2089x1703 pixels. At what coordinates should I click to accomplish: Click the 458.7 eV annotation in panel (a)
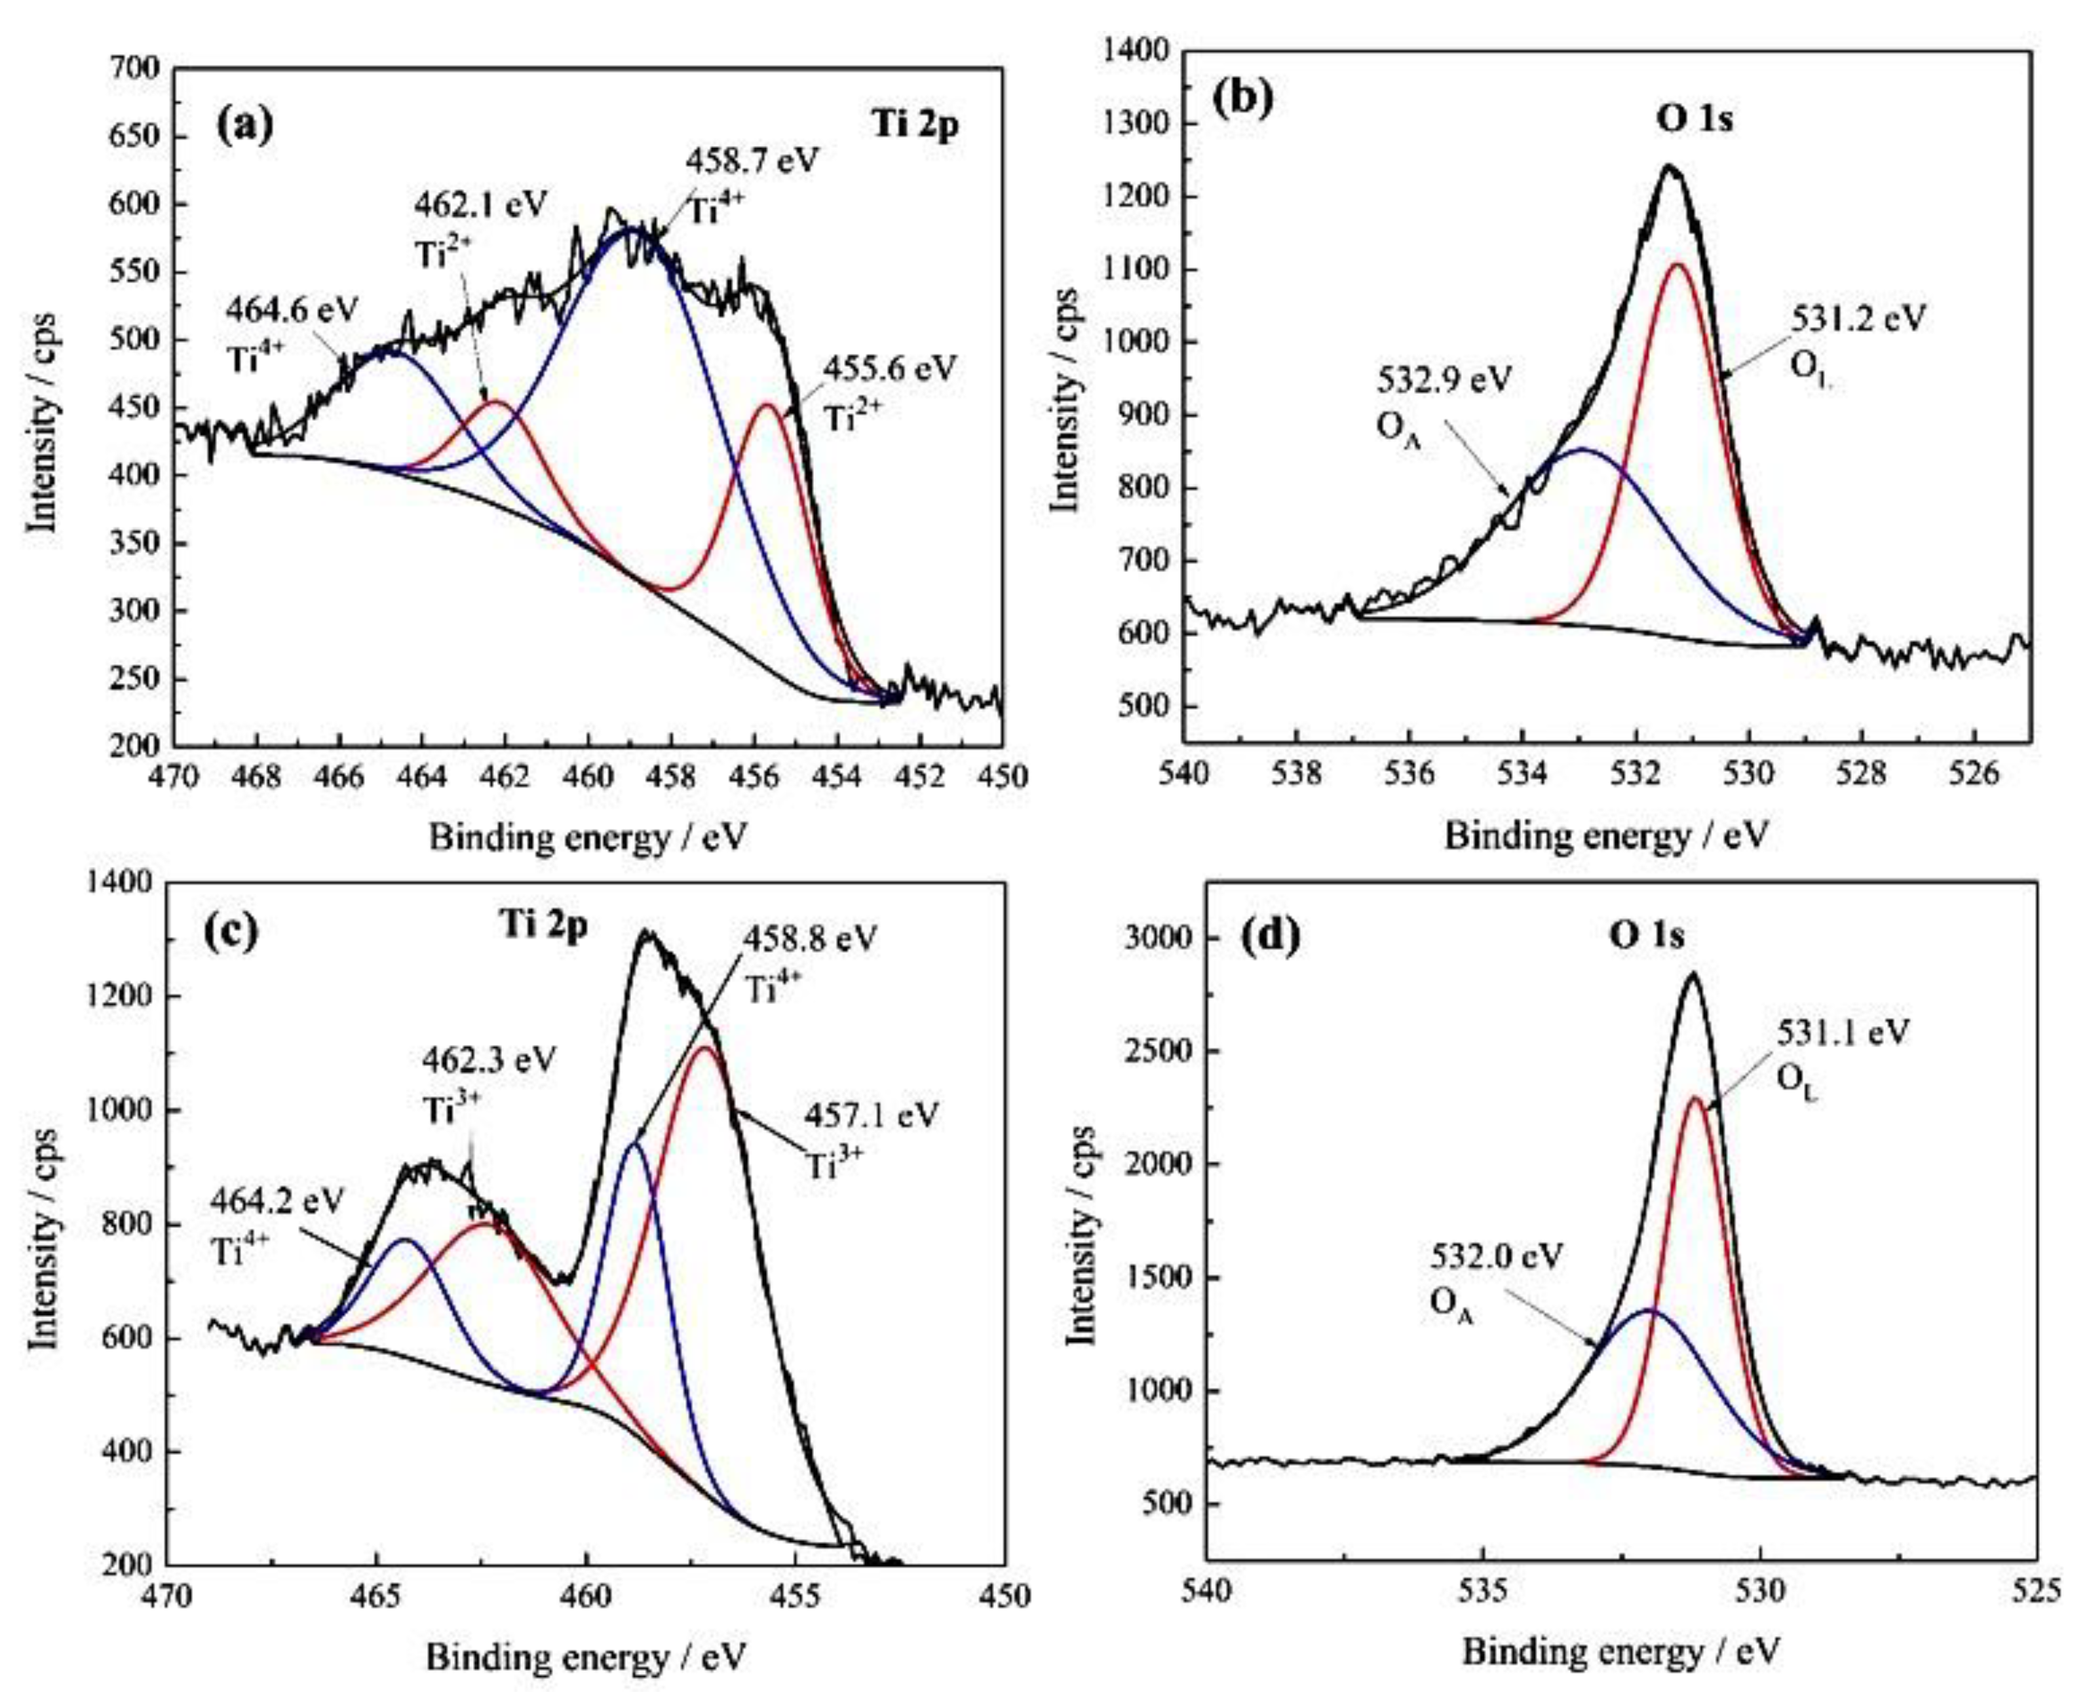750,160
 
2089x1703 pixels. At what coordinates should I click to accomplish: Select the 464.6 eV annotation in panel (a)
292,309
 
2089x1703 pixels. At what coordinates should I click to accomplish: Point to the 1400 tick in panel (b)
1136,51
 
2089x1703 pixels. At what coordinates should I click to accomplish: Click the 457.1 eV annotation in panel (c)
871,1115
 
